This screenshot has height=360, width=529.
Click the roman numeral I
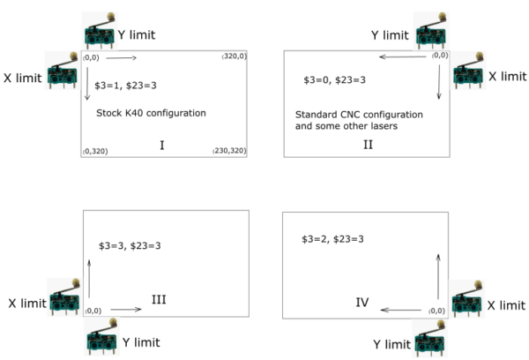click(x=163, y=143)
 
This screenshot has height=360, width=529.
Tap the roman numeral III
click(x=160, y=300)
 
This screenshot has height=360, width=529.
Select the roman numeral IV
click(x=361, y=303)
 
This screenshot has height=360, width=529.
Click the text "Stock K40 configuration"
click(x=151, y=113)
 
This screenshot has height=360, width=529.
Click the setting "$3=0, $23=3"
click(x=334, y=79)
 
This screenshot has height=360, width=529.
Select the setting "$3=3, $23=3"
click(x=136, y=244)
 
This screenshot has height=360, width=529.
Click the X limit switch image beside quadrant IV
click(x=466, y=303)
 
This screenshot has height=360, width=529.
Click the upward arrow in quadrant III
click(x=89, y=279)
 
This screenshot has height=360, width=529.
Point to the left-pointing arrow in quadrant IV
click(x=401, y=310)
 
